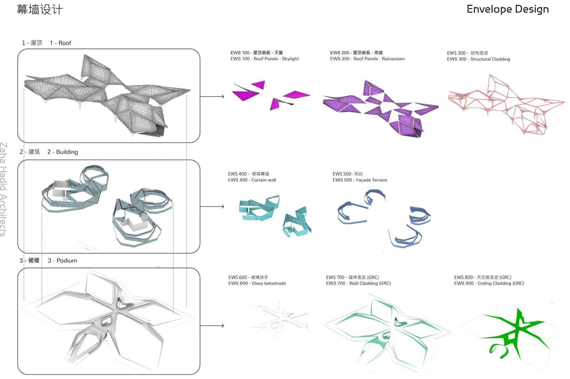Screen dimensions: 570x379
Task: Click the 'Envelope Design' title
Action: [x=508, y=9]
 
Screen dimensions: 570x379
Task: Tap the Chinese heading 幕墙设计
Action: [x=39, y=10]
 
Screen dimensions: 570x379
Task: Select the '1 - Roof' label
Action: [x=60, y=43]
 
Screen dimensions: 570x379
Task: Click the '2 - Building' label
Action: [x=62, y=152]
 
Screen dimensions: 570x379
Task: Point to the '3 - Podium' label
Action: [x=62, y=260]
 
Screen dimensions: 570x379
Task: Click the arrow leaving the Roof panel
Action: [x=212, y=97]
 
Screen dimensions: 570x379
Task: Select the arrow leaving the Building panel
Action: [x=212, y=206]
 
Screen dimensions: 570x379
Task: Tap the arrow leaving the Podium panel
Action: [x=212, y=325]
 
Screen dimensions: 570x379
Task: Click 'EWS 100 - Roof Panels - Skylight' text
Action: [x=265, y=59]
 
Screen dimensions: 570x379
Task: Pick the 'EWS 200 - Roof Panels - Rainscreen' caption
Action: [x=367, y=59]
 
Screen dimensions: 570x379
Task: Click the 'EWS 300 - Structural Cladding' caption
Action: [x=478, y=59]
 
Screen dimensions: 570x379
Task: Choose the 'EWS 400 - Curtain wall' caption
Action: [x=252, y=180]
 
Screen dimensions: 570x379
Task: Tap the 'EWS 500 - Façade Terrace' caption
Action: [x=360, y=180]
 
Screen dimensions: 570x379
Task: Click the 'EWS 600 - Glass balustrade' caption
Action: [x=257, y=283]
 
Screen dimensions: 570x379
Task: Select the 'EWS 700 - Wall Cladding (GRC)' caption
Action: [x=358, y=283]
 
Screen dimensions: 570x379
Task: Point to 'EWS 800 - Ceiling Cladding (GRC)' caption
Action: [x=489, y=283]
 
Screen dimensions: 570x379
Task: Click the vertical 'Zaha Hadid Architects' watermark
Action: [x=3, y=189]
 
